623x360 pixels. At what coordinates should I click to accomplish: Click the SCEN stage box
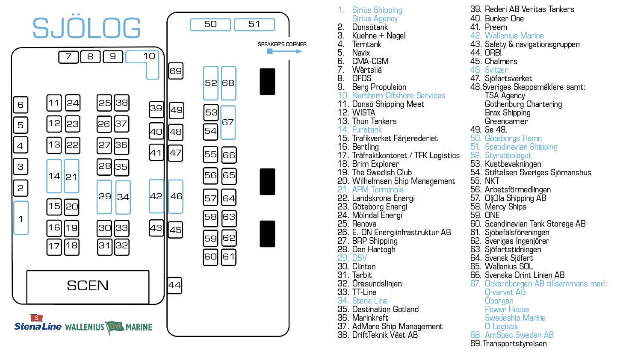click(x=88, y=286)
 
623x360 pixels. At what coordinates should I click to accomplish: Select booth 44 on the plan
click(x=174, y=285)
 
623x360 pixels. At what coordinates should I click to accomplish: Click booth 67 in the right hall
click(x=228, y=122)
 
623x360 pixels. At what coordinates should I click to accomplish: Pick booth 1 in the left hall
click(x=21, y=218)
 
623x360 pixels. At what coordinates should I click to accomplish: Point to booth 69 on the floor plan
click(x=176, y=71)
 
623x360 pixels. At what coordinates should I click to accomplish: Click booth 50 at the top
click(x=210, y=24)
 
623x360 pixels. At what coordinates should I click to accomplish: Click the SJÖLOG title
click(x=87, y=28)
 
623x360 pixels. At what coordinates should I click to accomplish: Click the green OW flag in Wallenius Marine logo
click(x=115, y=327)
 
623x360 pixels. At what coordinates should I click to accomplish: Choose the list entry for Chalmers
click(x=501, y=61)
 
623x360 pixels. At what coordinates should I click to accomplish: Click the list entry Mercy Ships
click(x=505, y=207)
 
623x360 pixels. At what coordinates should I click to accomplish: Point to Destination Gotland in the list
click(x=385, y=309)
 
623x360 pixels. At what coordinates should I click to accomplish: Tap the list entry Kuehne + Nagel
click(x=378, y=35)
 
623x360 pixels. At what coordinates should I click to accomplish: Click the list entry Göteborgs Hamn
click(x=513, y=138)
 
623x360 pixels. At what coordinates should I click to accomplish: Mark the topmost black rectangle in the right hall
click(x=267, y=81)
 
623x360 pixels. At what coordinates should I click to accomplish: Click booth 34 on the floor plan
click(x=123, y=197)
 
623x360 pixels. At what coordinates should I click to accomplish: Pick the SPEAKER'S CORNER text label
click(x=282, y=44)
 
